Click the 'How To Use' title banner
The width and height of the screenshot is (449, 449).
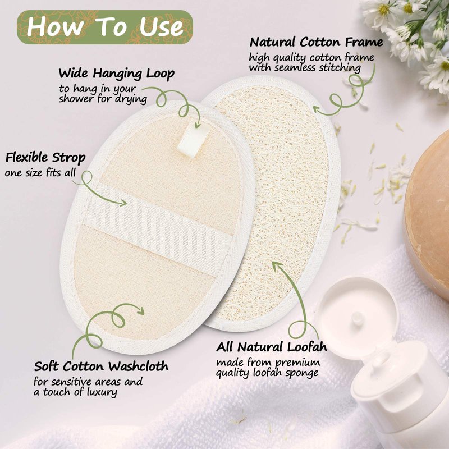[105, 27]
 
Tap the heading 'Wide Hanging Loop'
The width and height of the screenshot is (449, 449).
[117, 74]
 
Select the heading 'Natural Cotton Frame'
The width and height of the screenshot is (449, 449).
[316, 43]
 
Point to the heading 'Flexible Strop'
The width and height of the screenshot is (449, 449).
[45, 158]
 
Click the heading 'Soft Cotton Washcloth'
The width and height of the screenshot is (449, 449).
[101, 366]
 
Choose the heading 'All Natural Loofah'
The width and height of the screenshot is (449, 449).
[272, 347]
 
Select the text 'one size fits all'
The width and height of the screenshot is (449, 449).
[40, 173]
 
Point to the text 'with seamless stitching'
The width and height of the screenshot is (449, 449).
[305, 68]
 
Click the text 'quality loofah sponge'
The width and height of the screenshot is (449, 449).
[267, 373]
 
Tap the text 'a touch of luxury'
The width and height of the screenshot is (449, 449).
[75, 392]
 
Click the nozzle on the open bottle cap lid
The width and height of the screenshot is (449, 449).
[357, 318]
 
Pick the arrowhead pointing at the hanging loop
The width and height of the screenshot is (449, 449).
[198, 125]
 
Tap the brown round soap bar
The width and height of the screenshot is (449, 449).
[427, 215]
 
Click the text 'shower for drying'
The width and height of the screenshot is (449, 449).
[103, 99]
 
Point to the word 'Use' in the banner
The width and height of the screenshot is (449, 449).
[161, 28]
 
